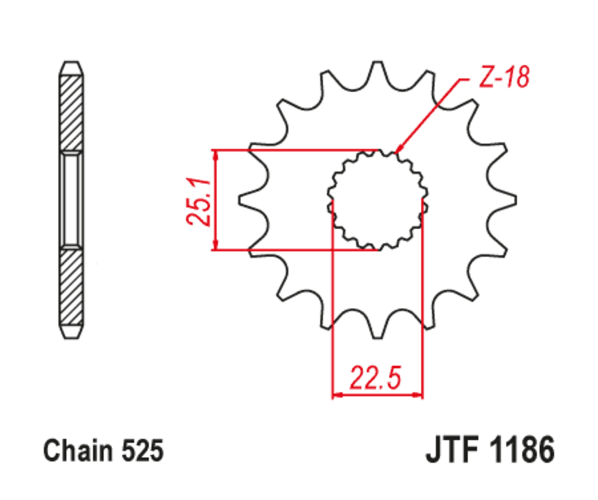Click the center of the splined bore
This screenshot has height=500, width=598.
pyautogui.click(x=377, y=199)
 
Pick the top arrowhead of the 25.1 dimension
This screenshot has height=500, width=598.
pyautogui.click(x=215, y=154)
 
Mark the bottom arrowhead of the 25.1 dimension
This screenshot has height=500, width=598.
pyautogui.click(x=215, y=246)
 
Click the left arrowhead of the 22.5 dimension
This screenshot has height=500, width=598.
pyautogui.click(x=336, y=394)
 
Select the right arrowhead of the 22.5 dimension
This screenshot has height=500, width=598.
pyautogui.click(x=419, y=394)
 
